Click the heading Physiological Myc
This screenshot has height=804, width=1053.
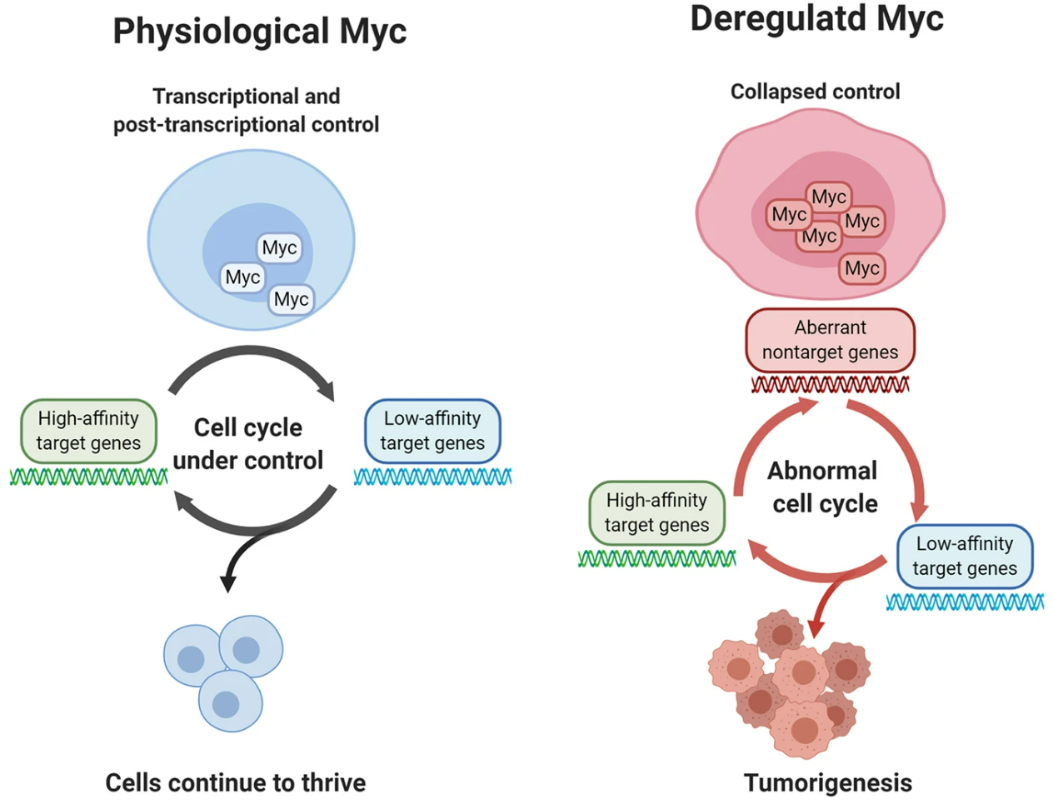(x=260, y=32)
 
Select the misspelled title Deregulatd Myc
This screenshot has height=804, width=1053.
(x=816, y=19)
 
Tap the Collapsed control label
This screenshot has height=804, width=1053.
(x=815, y=92)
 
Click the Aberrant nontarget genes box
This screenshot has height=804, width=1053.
(x=830, y=340)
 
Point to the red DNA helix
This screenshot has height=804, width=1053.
(x=830, y=385)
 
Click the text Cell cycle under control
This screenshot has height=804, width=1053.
(x=248, y=444)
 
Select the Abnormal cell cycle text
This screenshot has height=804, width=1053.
(x=824, y=487)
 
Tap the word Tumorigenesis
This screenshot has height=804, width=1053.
(x=827, y=783)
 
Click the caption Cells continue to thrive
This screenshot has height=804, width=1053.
(x=235, y=783)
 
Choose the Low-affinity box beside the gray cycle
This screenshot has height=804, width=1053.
(x=432, y=431)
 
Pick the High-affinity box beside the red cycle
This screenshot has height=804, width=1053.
(x=656, y=512)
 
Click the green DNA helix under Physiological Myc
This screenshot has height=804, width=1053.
(x=88, y=477)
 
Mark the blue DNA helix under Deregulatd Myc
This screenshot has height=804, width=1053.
(x=965, y=602)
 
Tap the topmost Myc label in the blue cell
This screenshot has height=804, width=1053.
(x=279, y=247)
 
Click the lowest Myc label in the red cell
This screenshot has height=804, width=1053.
(x=861, y=268)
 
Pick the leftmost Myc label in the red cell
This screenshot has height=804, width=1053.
(x=788, y=215)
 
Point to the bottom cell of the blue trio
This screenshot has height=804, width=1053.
(x=230, y=702)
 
